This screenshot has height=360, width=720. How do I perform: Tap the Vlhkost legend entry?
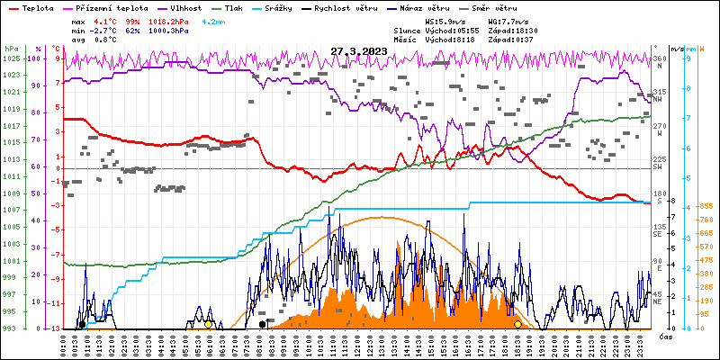coord(179,6)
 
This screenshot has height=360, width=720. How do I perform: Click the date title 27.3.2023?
coord(358,51)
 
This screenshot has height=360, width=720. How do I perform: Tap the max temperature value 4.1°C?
coord(105,20)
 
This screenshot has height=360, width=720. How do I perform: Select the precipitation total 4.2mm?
coord(214,20)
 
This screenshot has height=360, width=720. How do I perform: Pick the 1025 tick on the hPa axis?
coord(10,58)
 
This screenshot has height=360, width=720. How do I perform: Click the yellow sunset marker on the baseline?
coord(517,324)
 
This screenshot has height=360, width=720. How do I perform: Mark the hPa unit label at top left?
coord(10,48)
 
